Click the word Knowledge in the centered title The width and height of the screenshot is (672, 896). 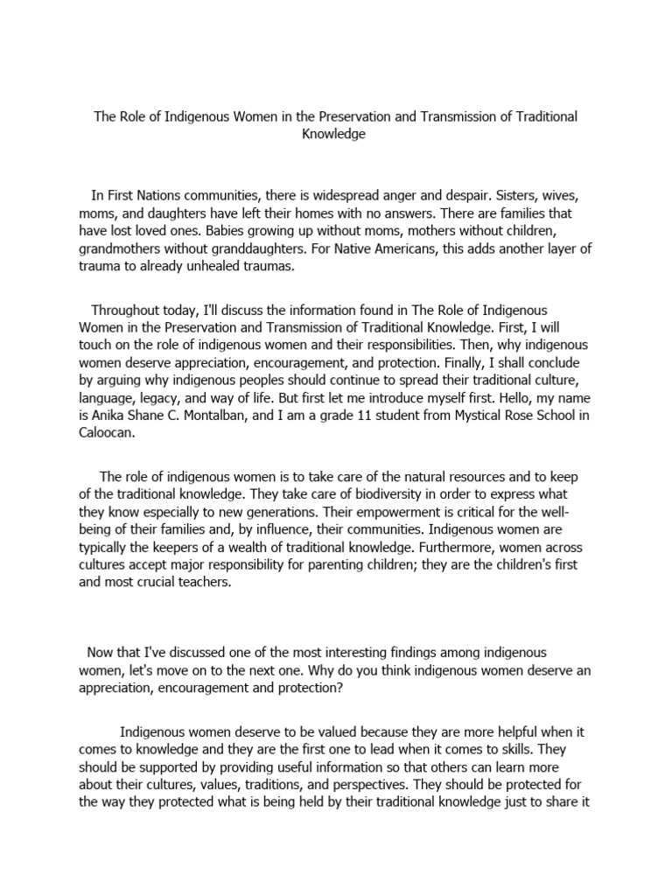pos(336,135)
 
